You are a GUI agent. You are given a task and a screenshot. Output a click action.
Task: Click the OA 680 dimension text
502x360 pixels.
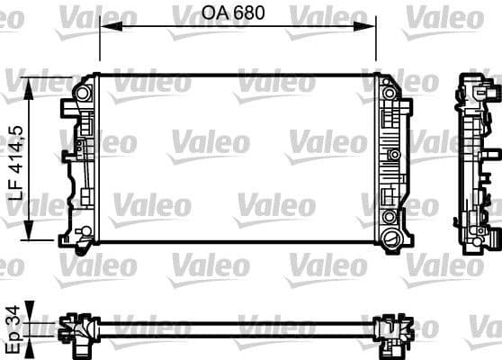tap(238, 14)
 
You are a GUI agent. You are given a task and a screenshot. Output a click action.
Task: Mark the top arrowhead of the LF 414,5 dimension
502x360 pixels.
tap(33, 82)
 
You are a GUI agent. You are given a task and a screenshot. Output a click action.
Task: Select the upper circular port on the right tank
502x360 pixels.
tap(389, 94)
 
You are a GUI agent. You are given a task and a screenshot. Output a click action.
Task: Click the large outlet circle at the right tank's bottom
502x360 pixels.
tap(390, 238)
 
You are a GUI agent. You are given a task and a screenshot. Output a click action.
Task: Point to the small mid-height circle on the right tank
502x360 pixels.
tap(392, 156)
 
